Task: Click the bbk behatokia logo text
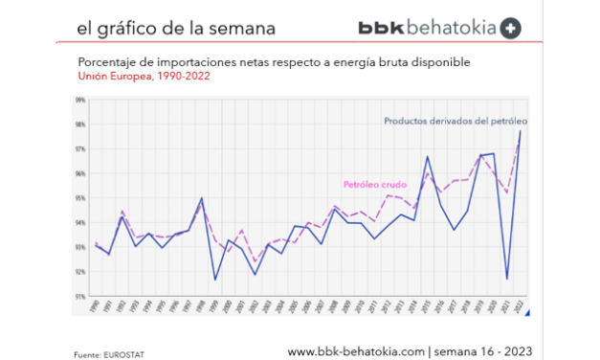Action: pos(428,29)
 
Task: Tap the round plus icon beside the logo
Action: pos(513,29)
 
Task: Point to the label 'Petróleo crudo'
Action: pos(375,185)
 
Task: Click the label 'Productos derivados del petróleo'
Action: pos(456,122)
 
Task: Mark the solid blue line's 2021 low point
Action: pos(506,279)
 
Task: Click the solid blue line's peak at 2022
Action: pos(520,131)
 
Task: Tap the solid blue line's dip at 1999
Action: pos(214,280)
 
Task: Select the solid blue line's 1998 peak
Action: pos(201,198)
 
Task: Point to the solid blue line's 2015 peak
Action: pos(427,156)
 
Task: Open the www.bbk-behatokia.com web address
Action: pos(355,351)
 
